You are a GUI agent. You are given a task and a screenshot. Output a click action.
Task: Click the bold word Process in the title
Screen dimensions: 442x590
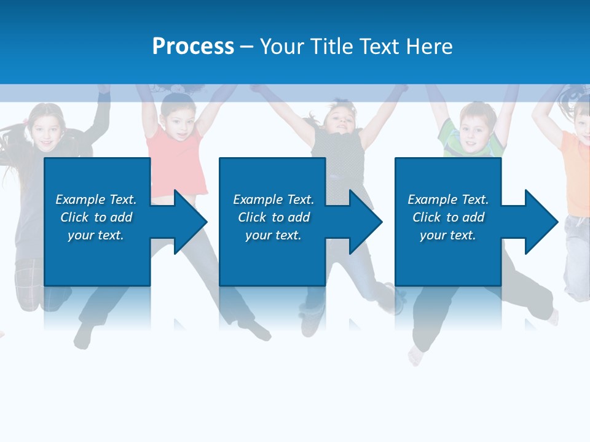pyautogui.click(x=193, y=47)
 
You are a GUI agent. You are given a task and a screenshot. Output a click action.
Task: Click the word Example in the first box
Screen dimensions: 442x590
pyautogui.click(x=81, y=200)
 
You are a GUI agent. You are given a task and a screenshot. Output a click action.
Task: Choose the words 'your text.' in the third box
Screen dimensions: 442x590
pyautogui.click(x=447, y=235)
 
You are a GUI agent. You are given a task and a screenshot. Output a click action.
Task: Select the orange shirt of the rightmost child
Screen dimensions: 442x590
pyautogui.click(x=576, y=172)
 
